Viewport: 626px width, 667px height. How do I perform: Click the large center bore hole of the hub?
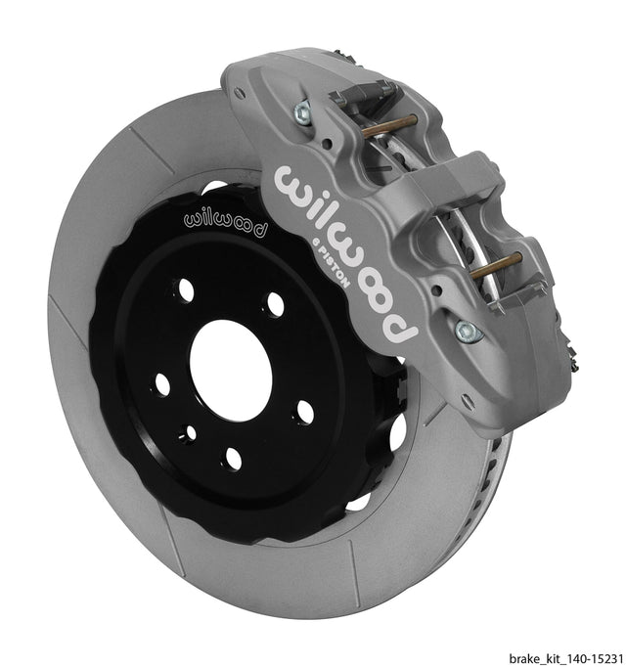(x=231, y=371)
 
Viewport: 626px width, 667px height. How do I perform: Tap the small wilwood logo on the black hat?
(x=226, y=224)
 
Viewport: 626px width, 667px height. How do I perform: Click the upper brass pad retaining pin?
(x=389, y=126)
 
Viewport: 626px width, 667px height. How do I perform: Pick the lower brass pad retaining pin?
(x=496, y=265)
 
